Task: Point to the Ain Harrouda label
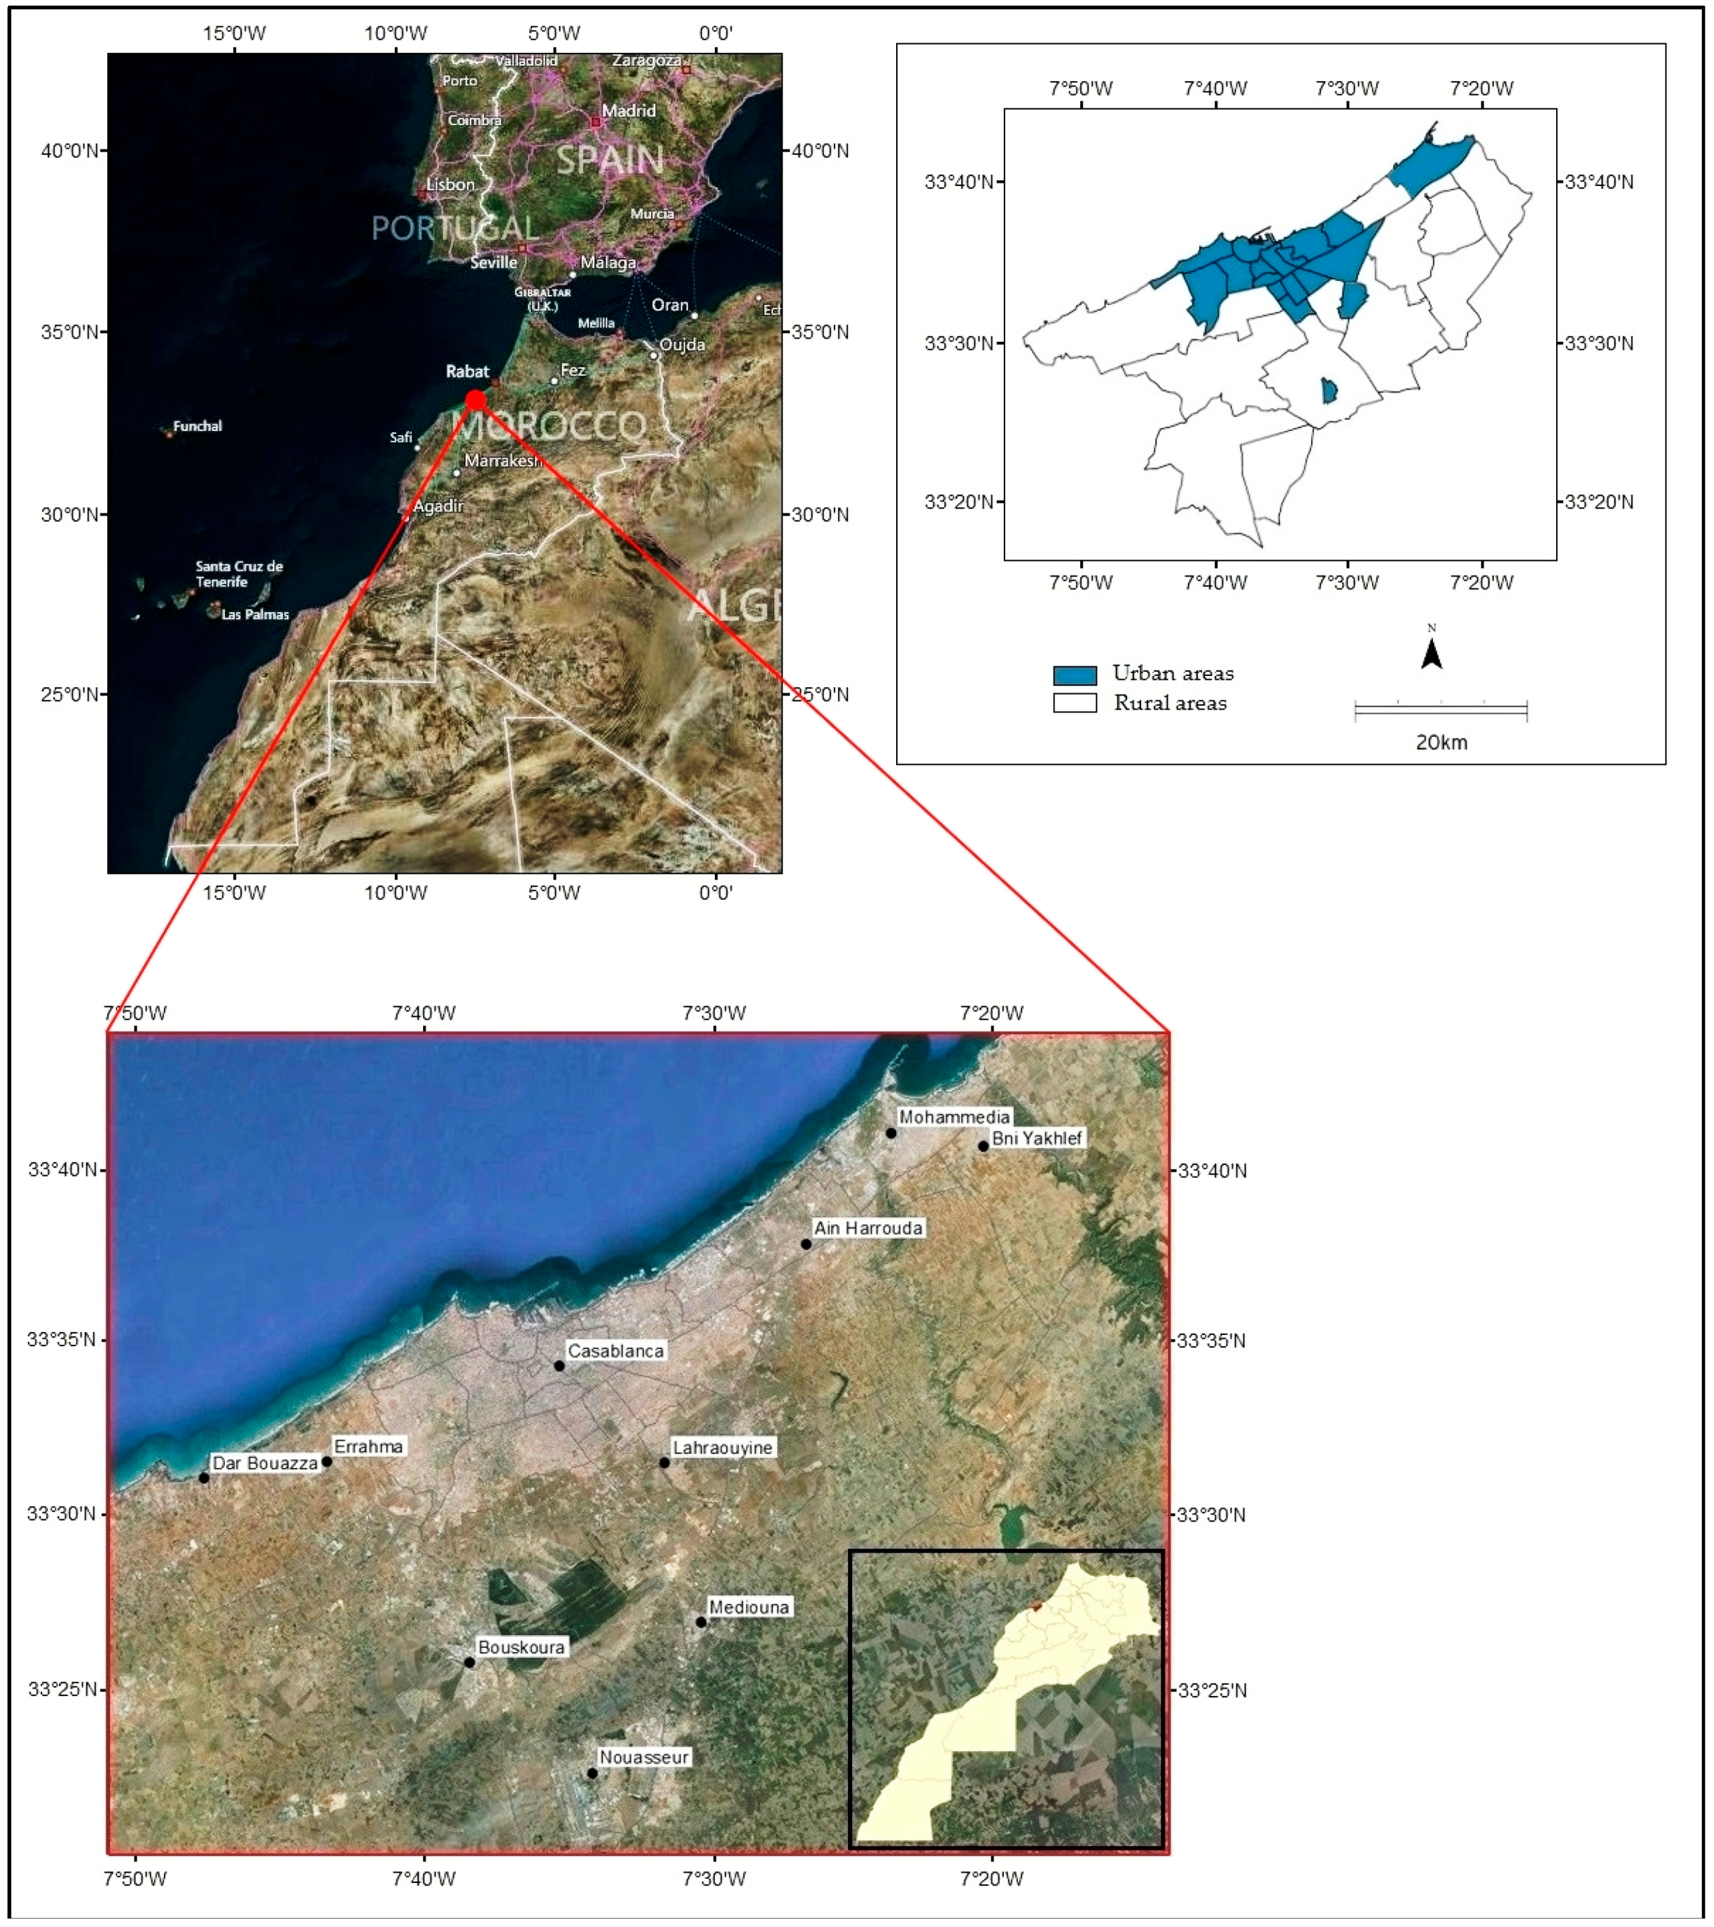point(868,1228)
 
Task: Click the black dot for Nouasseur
point(592,1773)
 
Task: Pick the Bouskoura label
point(521,1647)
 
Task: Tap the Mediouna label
point(749,1607)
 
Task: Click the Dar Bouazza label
point(265,1463)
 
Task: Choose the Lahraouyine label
point(722,1447)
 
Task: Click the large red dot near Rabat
point(476,399)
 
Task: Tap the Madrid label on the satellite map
point(629,110)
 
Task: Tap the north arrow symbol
point(1431,652)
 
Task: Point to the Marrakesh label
point(503,460)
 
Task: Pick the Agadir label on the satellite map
point(438,507)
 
